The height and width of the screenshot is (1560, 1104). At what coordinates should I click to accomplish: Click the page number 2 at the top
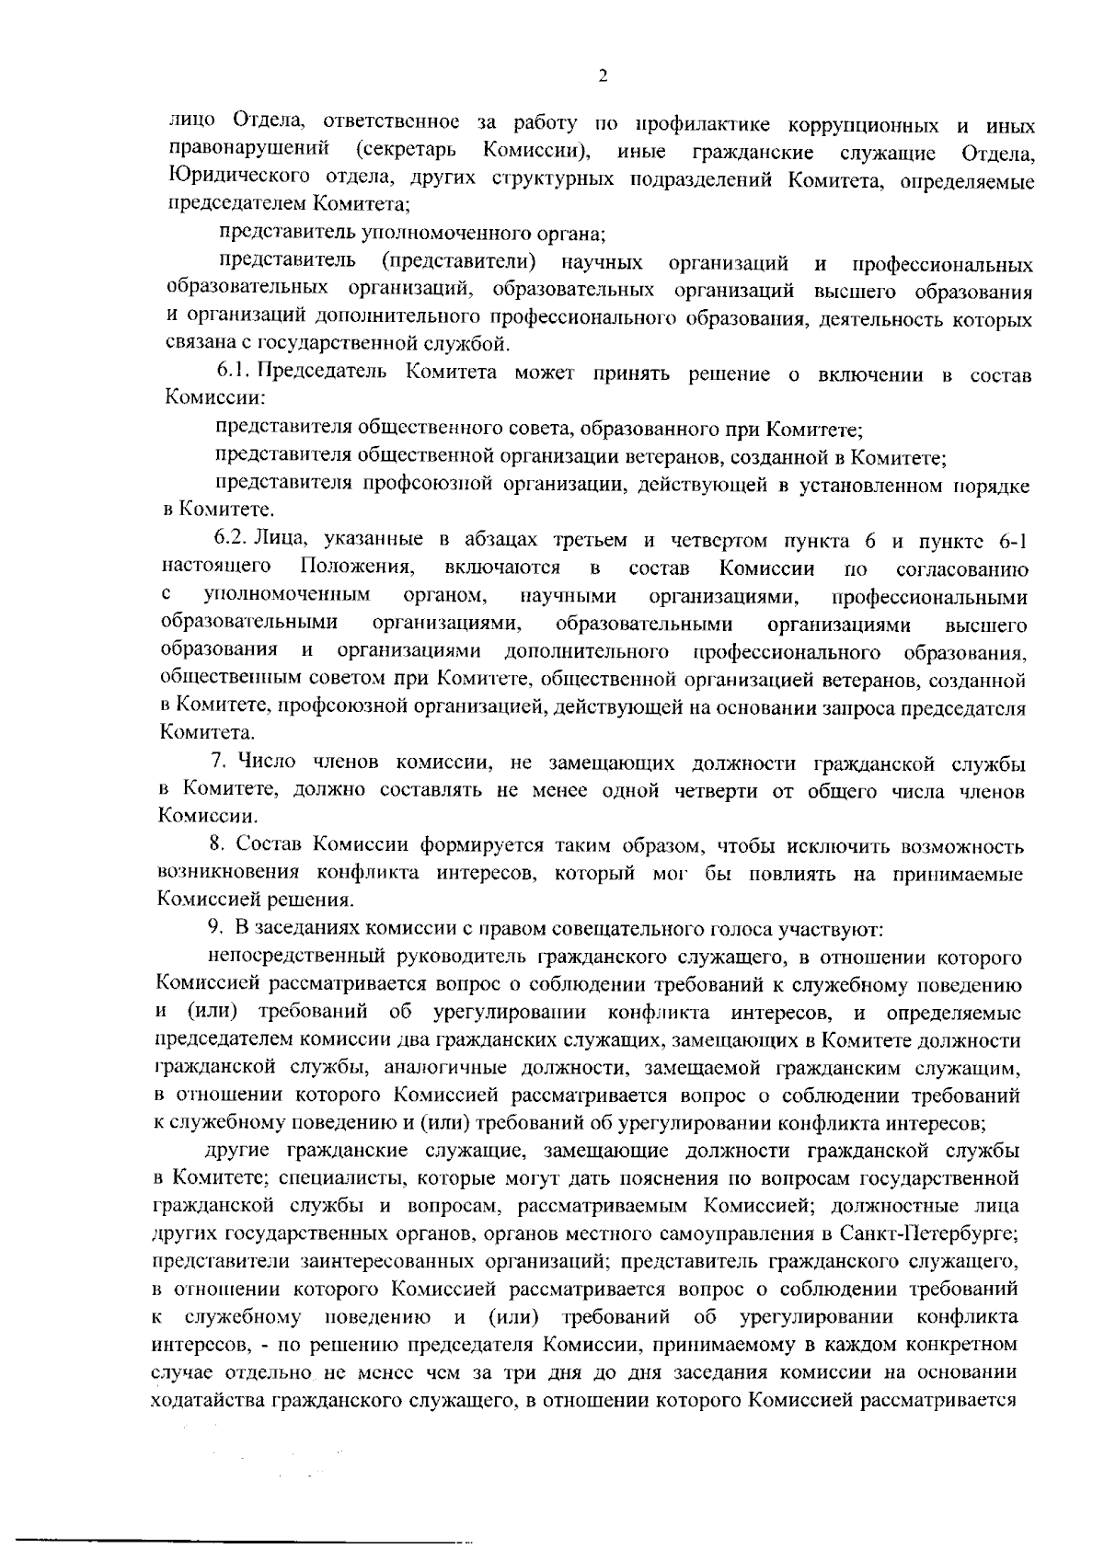[x=603, y=75]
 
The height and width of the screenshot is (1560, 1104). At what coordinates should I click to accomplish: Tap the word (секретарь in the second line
[x=404, y=149]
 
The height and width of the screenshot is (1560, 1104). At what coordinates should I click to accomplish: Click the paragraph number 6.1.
[x=234, y=372]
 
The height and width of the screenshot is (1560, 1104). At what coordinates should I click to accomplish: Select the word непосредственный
[x=282, y=958]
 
